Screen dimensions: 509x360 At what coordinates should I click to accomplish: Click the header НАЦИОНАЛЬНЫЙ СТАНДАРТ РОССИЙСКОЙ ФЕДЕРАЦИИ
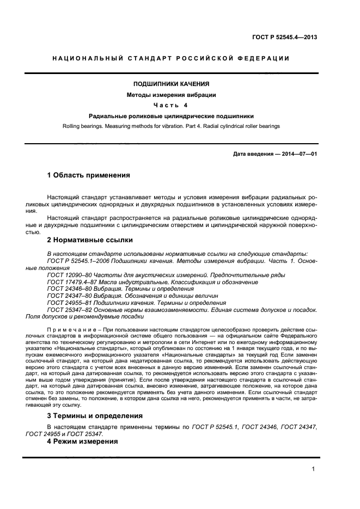point(170,58)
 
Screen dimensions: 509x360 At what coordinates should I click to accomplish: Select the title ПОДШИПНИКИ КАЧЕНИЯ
point(171,84)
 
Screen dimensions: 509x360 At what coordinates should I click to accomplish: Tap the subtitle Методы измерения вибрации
point(171,95)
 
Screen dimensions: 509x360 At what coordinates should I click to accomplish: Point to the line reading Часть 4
point(171,105)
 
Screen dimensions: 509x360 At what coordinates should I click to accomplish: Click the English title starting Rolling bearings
point(171,126)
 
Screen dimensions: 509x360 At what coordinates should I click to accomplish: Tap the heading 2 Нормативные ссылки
point(90,240)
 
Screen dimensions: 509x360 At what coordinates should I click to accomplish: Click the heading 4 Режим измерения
point(82,441)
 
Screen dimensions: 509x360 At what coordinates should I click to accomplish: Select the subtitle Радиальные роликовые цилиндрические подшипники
point(171,116)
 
